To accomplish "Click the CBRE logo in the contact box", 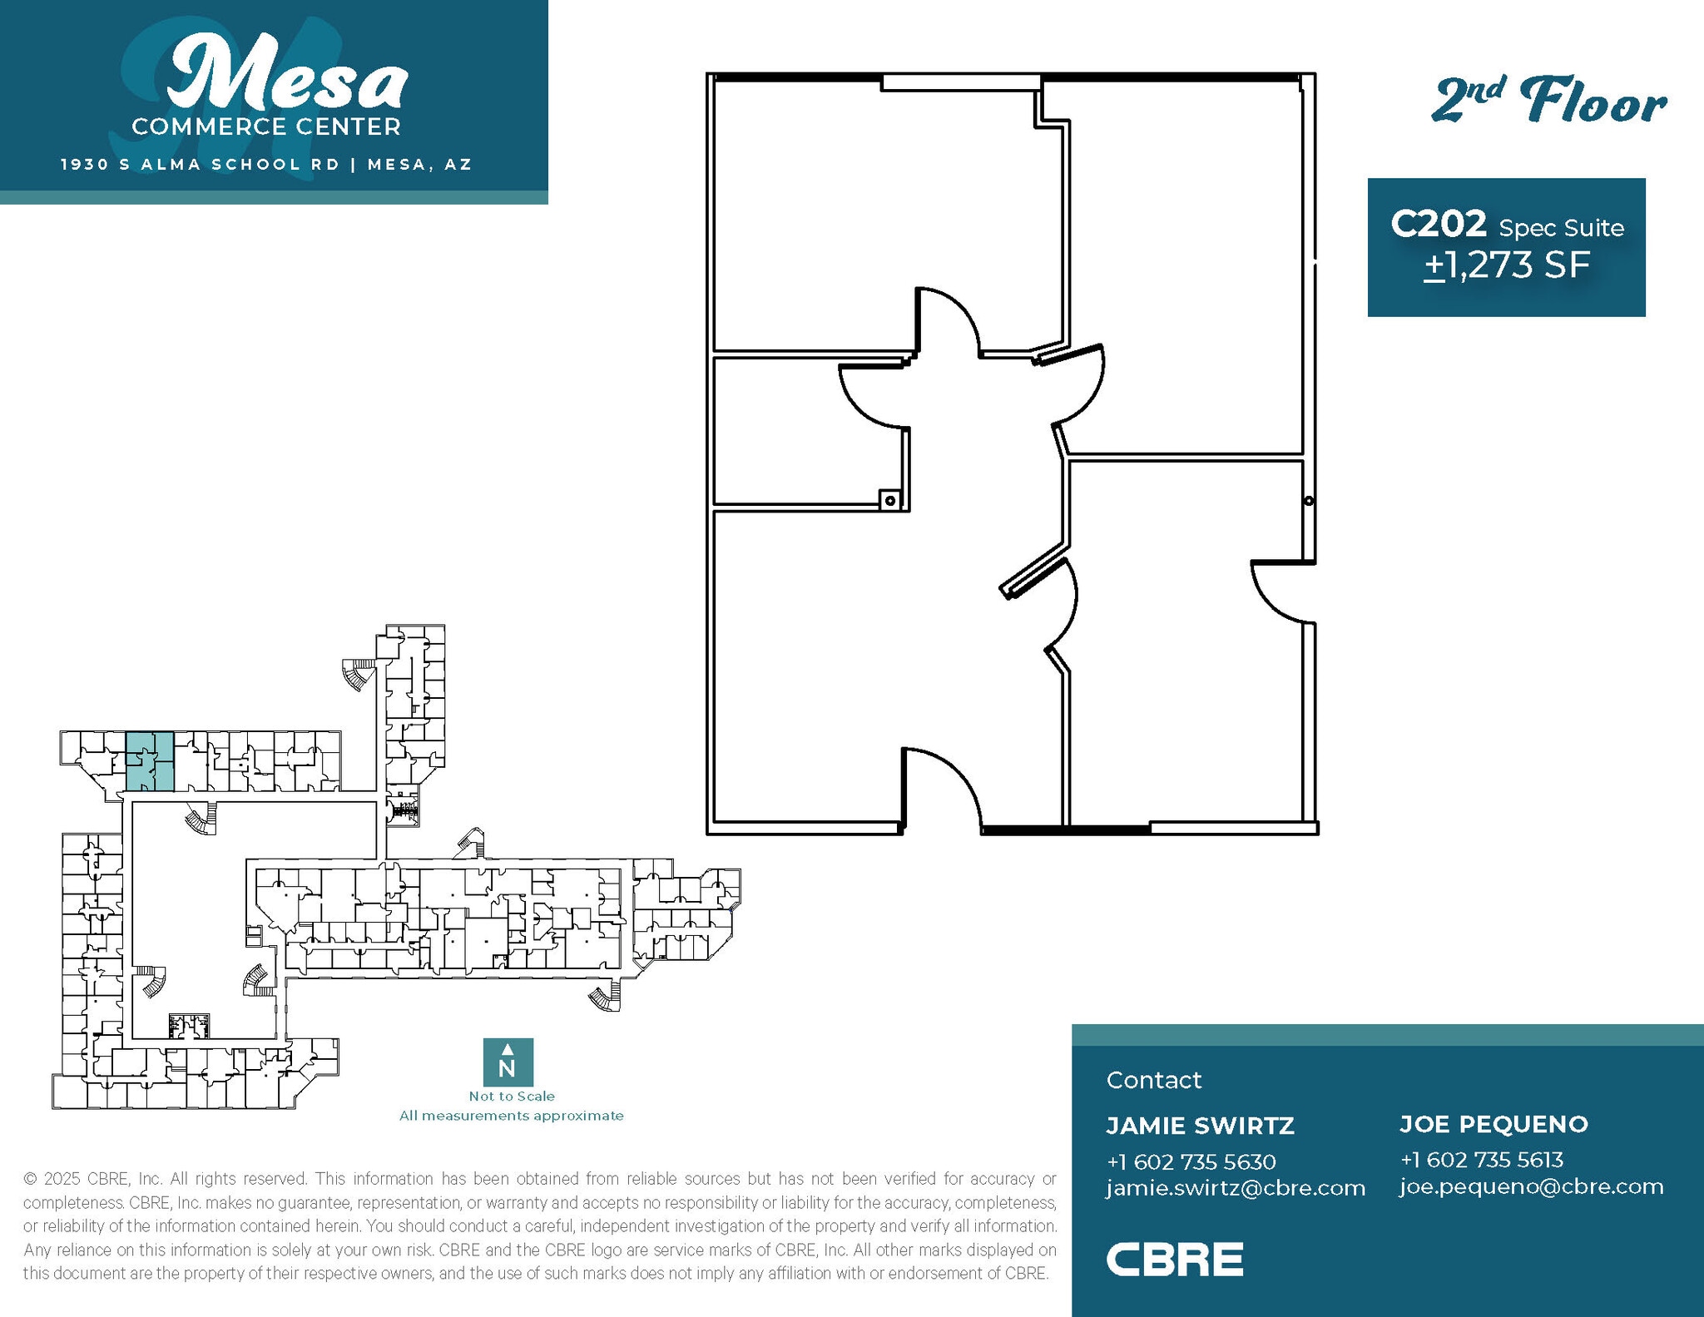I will point(1174,1259).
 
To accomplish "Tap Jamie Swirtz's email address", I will point(1236,1188).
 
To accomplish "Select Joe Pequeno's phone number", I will point(1481,1160).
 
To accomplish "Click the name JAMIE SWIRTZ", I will point(1200,1126).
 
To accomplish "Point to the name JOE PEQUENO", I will point(1493,1124).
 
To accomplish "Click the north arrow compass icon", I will point(508,1062).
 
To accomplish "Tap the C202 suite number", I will point(1439,224).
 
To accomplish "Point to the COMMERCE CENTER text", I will point(266,126).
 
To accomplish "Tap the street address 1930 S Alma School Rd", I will point(200,164).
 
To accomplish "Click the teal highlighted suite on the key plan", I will point(150,761).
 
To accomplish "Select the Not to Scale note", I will point(512,1097).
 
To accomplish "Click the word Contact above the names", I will point(1153,1080).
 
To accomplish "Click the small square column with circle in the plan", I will point(890,500).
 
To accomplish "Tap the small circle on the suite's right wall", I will point(1309,501).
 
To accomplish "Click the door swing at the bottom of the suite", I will point(940,786).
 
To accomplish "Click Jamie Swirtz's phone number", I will point(1191,1161).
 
